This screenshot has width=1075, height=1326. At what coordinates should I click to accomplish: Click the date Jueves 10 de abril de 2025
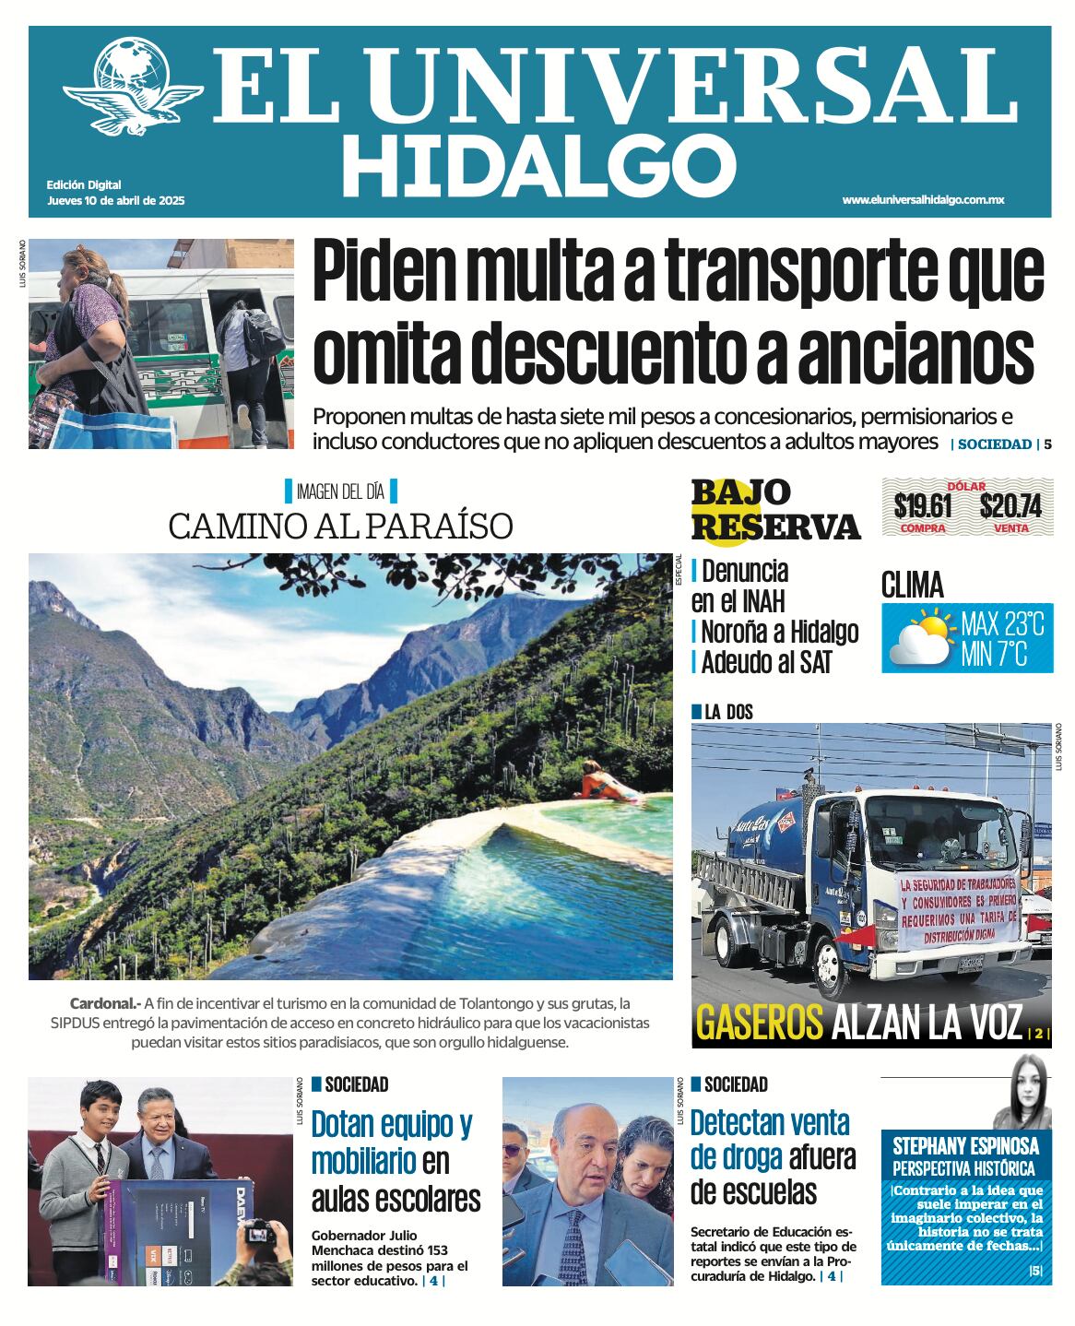[115, 200]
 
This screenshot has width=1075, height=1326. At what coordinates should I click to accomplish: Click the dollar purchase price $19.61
[922, 506]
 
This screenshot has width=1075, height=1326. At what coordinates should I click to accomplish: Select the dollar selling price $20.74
[1010, 506]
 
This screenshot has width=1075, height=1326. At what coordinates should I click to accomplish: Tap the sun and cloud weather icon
[920, 637]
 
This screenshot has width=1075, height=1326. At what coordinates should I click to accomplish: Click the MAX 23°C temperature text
[1002, 624]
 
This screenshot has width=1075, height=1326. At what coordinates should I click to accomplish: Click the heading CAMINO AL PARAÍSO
[340, 527]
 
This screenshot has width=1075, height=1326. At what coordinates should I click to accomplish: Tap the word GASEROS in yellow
[759, 1024]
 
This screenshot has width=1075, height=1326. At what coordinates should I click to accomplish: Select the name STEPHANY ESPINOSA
[965, 1146]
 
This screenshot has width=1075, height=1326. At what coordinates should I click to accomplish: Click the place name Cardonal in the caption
[102, 1003]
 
